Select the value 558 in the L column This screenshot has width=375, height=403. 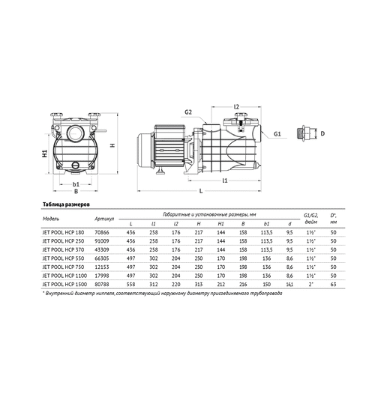pos(131,285)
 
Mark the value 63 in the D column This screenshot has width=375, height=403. pos(332,285)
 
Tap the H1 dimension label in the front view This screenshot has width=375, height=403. pos(44,154)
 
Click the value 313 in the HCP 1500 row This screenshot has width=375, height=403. pos(198,285)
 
